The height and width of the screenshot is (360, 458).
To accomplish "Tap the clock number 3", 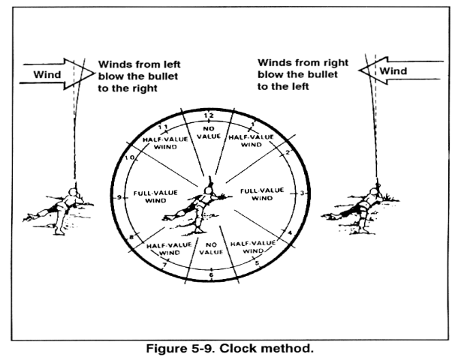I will [x=303, y=193].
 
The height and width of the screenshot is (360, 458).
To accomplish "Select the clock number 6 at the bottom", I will [x=212, y=274].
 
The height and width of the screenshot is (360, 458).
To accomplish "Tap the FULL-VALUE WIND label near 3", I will [x=263, y=195].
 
